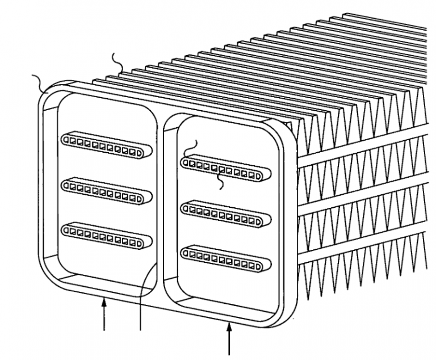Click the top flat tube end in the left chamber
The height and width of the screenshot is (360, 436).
point(106,145)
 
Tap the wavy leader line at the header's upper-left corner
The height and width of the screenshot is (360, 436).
point(41,82)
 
